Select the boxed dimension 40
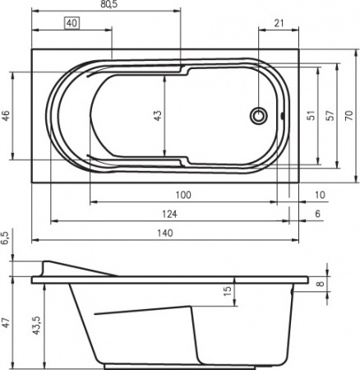click(x=71, y=23)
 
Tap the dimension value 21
click(x=280, y=24)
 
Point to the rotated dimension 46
click(x=6, y=116)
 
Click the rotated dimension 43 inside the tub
click(x=159, y=116)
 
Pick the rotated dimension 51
click(x=310, y=116)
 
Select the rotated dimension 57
click(x=330, y=116)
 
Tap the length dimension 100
click(x=182, y=194)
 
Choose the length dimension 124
click(x=168, y=214)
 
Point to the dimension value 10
click(x=319, y=194)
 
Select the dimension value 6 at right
click(x=317, y=214)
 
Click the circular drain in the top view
click(x=260, y=116)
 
